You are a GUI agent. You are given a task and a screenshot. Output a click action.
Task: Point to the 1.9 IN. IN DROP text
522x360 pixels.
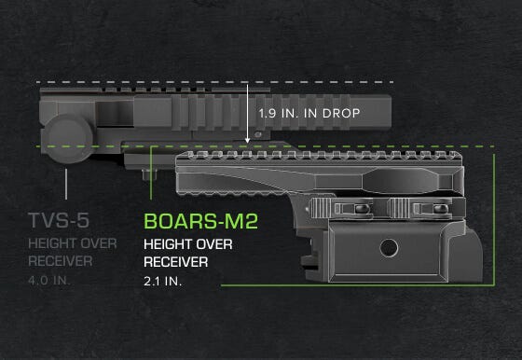pyautogui.click(x=309, y=113)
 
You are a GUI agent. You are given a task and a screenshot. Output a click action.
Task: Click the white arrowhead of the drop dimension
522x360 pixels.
pyautogui.click(x=247, y=140)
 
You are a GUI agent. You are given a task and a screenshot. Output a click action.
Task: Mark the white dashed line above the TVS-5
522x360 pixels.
pyautogui.click(x=140, y=82)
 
